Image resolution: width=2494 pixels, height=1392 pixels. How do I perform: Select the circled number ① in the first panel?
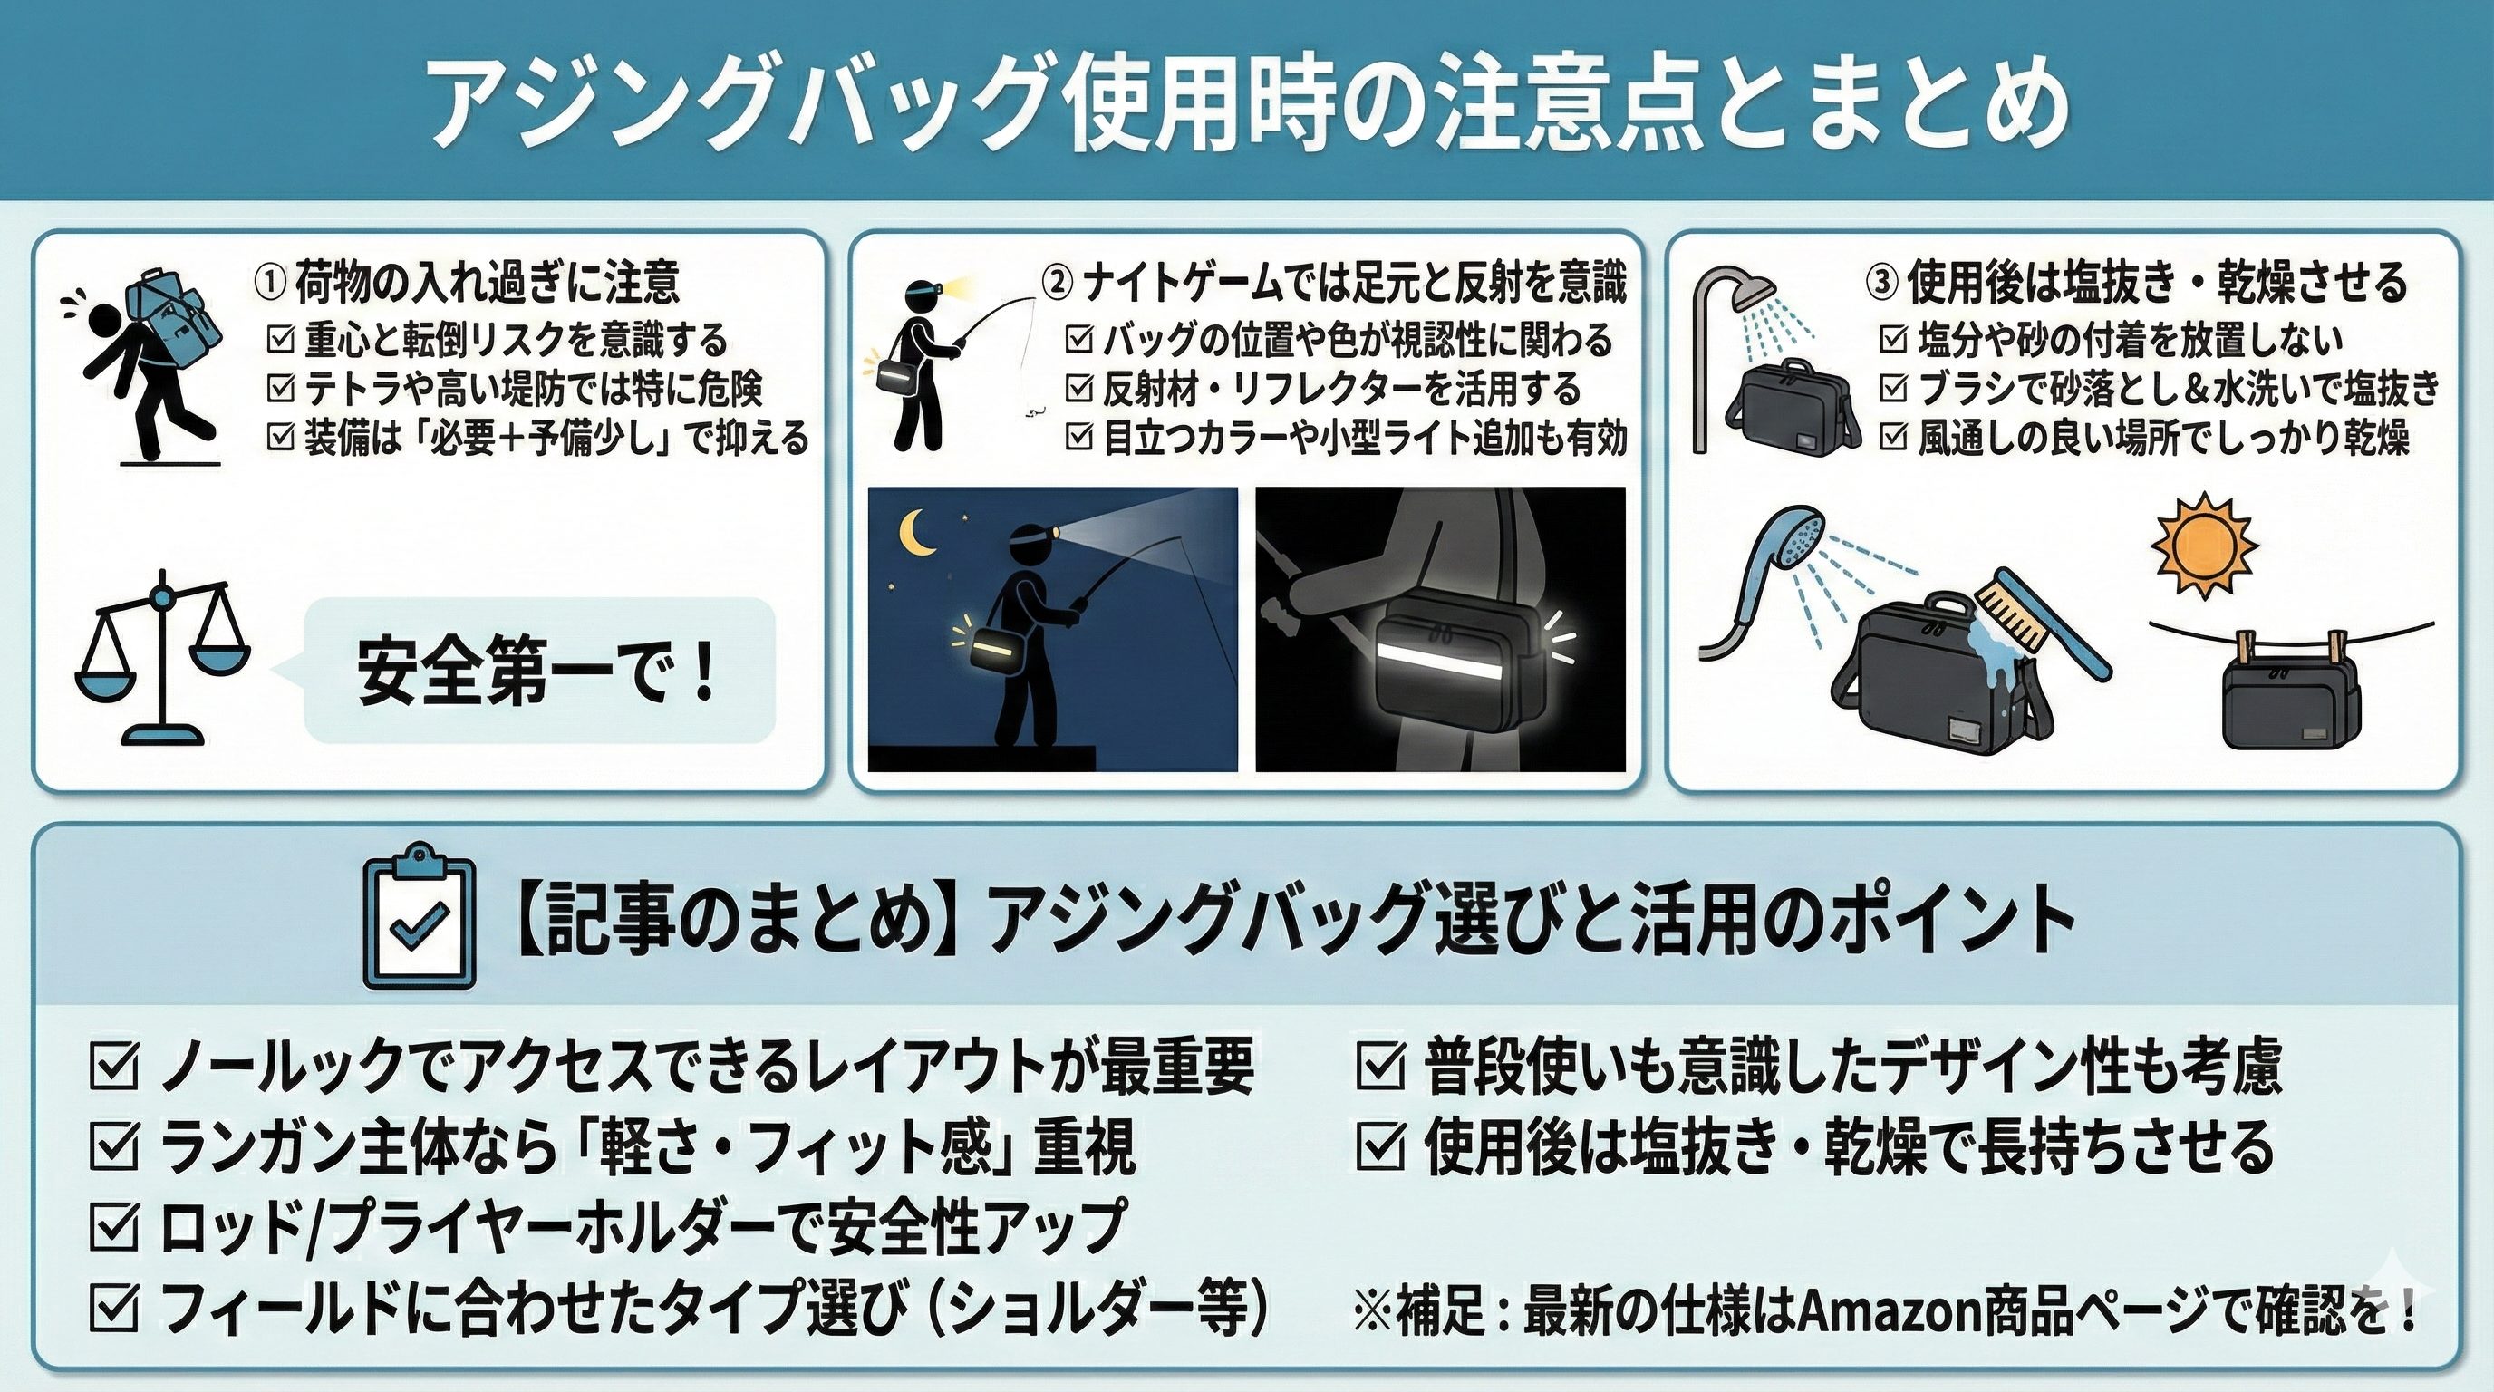269,285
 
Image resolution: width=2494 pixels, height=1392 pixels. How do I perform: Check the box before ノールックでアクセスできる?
113,1066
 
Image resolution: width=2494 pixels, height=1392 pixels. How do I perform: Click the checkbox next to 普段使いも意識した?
1380,1066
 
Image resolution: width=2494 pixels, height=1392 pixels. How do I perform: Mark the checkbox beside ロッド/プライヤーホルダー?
113,1228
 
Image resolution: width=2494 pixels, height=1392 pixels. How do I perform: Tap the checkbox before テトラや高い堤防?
281,389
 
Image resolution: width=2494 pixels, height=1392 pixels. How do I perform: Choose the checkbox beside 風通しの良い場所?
1893,438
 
